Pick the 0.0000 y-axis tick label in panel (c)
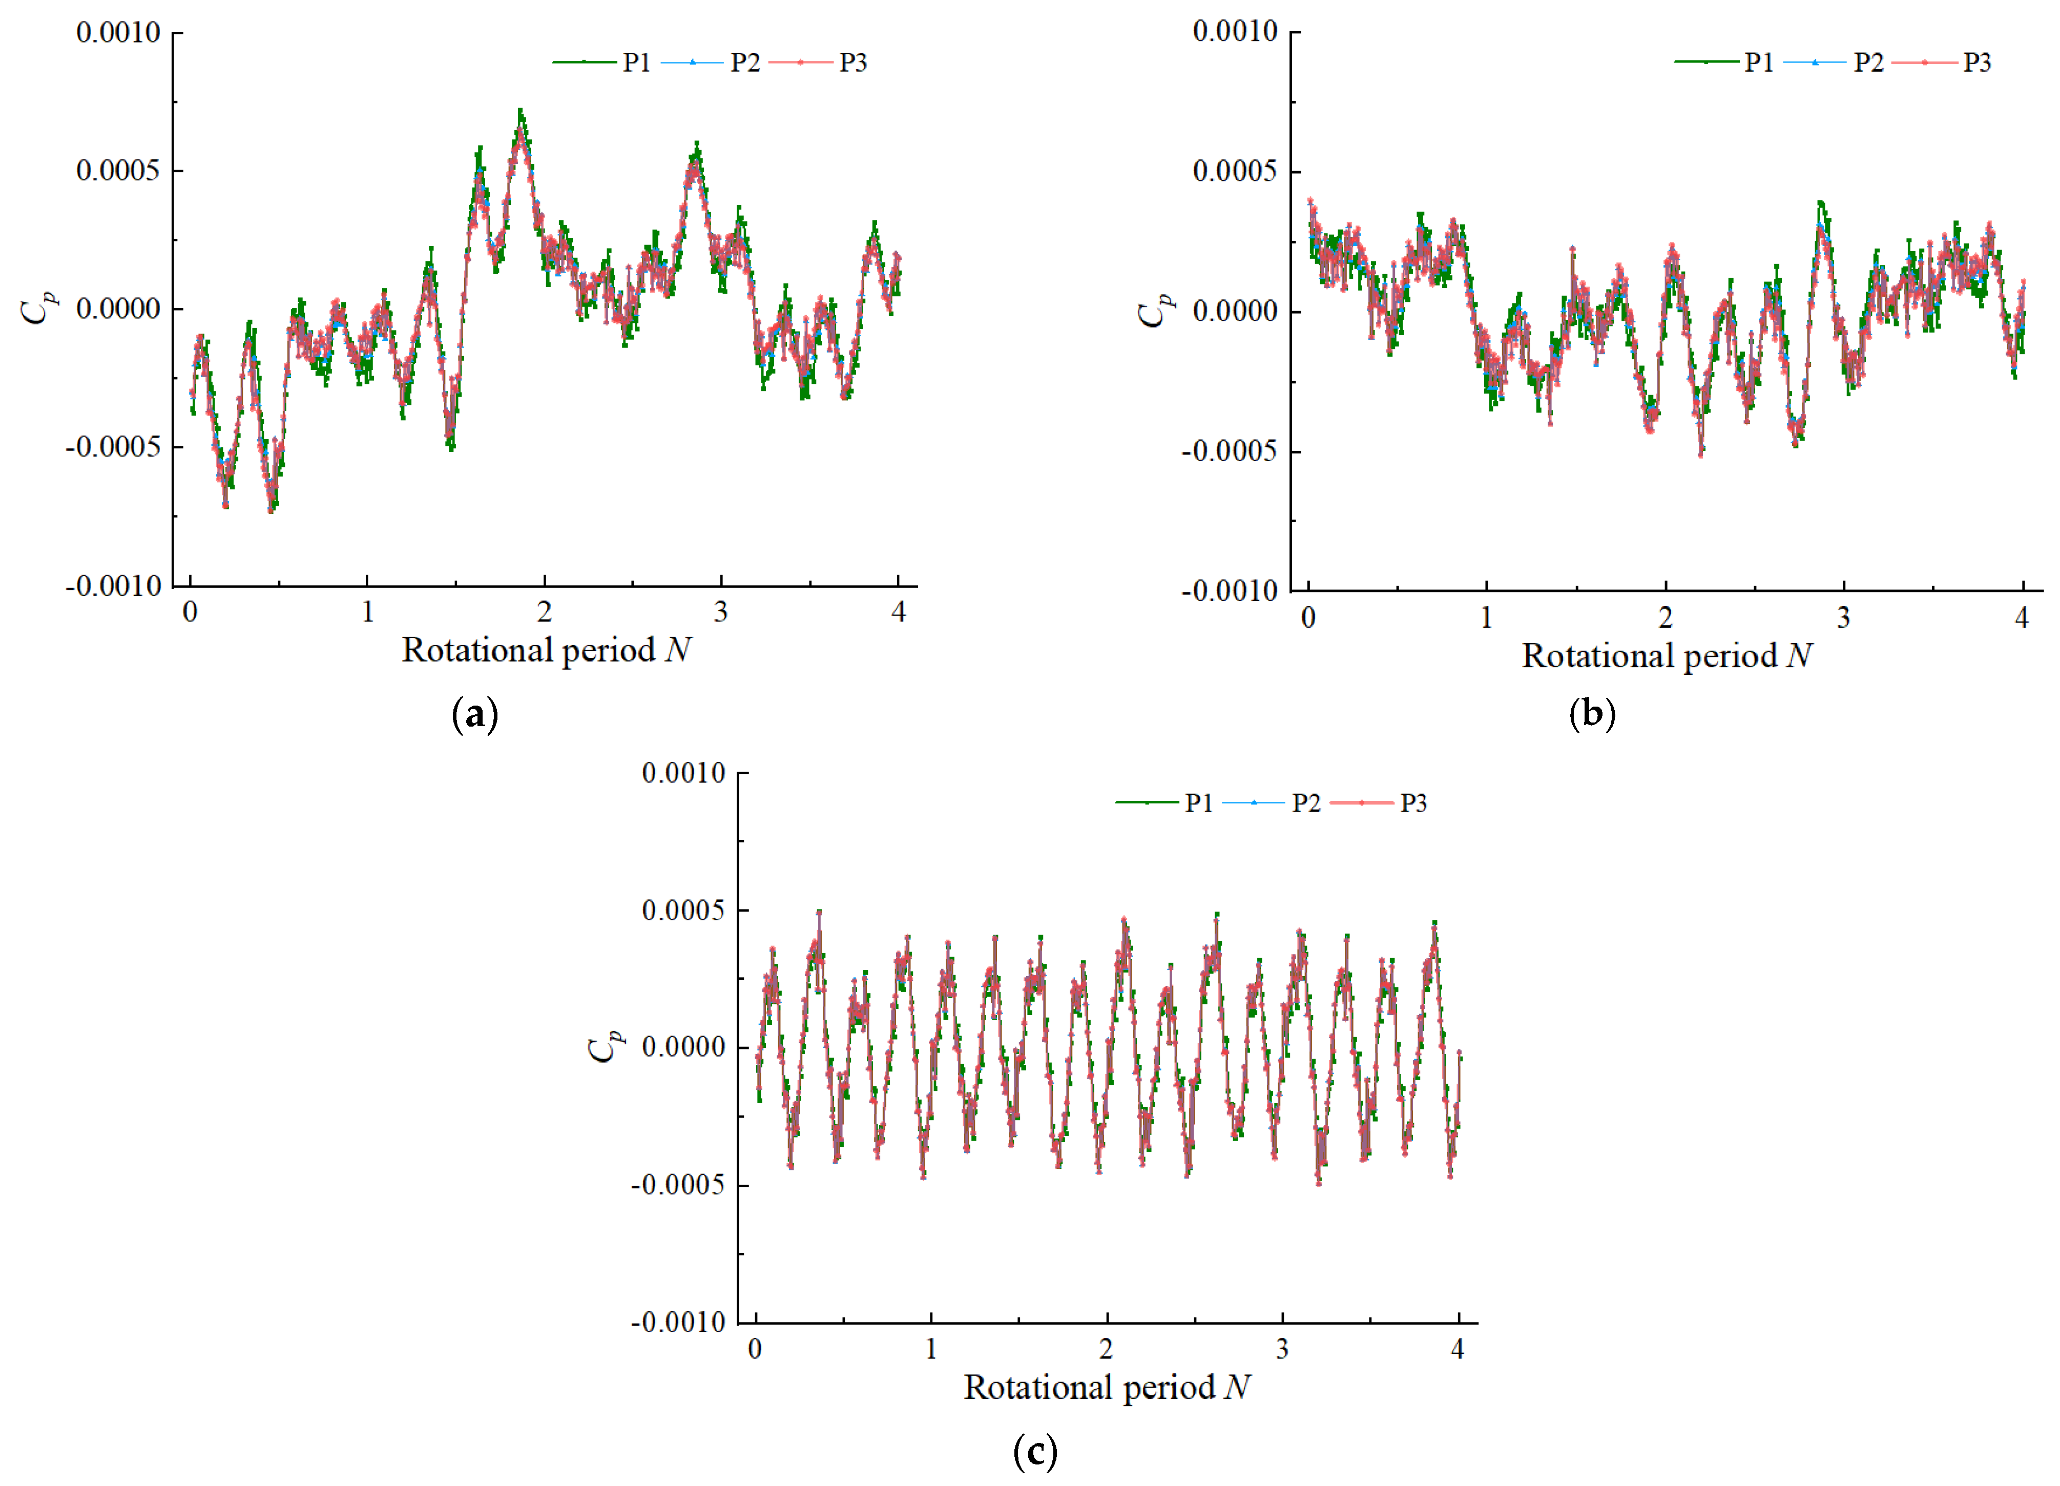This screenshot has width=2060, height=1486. (683, 1047)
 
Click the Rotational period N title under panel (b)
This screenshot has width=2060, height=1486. (1667, 656)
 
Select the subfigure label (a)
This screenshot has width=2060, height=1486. (475, 715)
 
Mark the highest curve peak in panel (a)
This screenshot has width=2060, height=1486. (521, 112)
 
